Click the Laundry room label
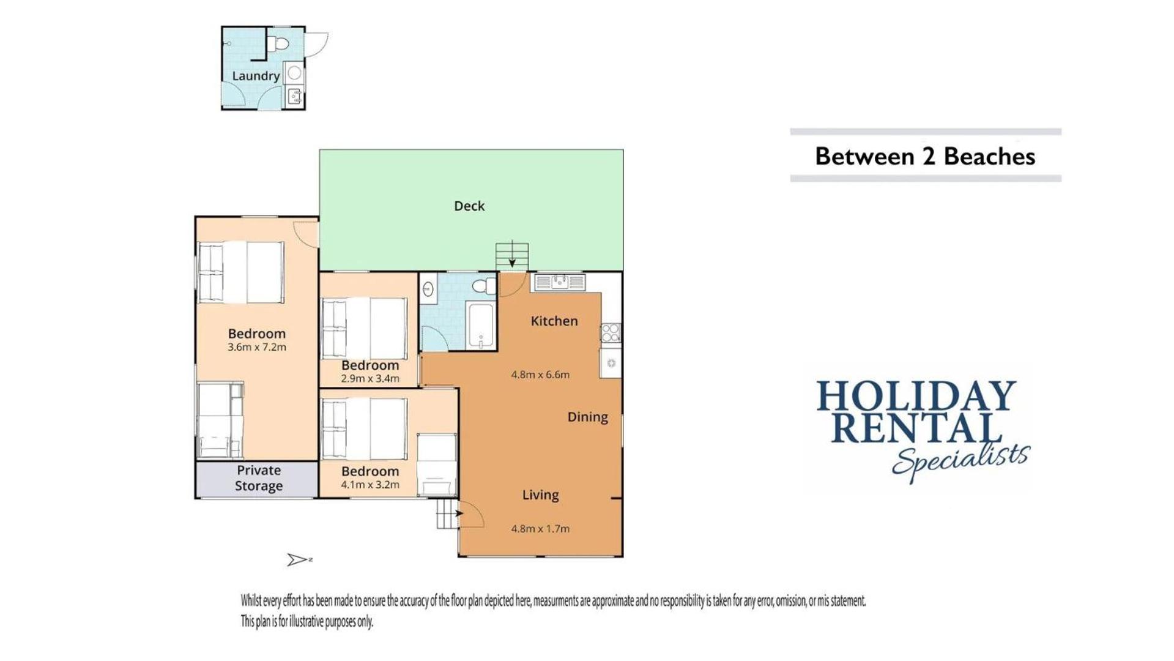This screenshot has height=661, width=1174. click(256, 76)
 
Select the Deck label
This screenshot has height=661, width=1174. click(469, 206)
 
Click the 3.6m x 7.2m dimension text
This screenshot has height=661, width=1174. click(257, 347)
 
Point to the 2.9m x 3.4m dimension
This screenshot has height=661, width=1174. click(370, 379)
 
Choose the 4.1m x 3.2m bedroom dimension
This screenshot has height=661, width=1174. click(370, 485)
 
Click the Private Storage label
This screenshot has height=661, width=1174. click(259, 478)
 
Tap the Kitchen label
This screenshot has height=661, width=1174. click(554, 321)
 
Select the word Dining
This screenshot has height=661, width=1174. click(588, 417)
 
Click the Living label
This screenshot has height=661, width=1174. click(540, 495)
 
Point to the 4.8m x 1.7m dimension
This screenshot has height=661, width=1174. click(540, 529)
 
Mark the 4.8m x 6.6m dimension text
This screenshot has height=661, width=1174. click(540, 375)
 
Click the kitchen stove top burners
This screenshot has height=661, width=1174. click(611, 333)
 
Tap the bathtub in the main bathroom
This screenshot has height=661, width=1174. click(481, 325)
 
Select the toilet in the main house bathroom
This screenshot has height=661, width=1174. click(484, 286)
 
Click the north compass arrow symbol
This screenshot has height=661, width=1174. click(299, 559)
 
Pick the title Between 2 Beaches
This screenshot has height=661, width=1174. click(925, 157)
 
